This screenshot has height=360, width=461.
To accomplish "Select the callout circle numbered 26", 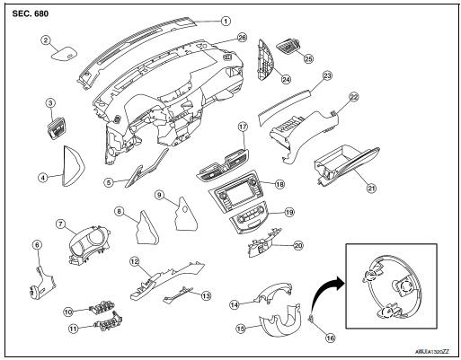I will (242, 39).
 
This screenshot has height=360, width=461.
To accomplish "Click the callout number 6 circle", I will (36, 244).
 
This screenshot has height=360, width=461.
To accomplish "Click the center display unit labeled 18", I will (238, 195).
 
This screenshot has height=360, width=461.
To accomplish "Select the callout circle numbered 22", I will (354, 95).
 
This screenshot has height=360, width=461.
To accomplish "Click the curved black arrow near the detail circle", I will (319, 288).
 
